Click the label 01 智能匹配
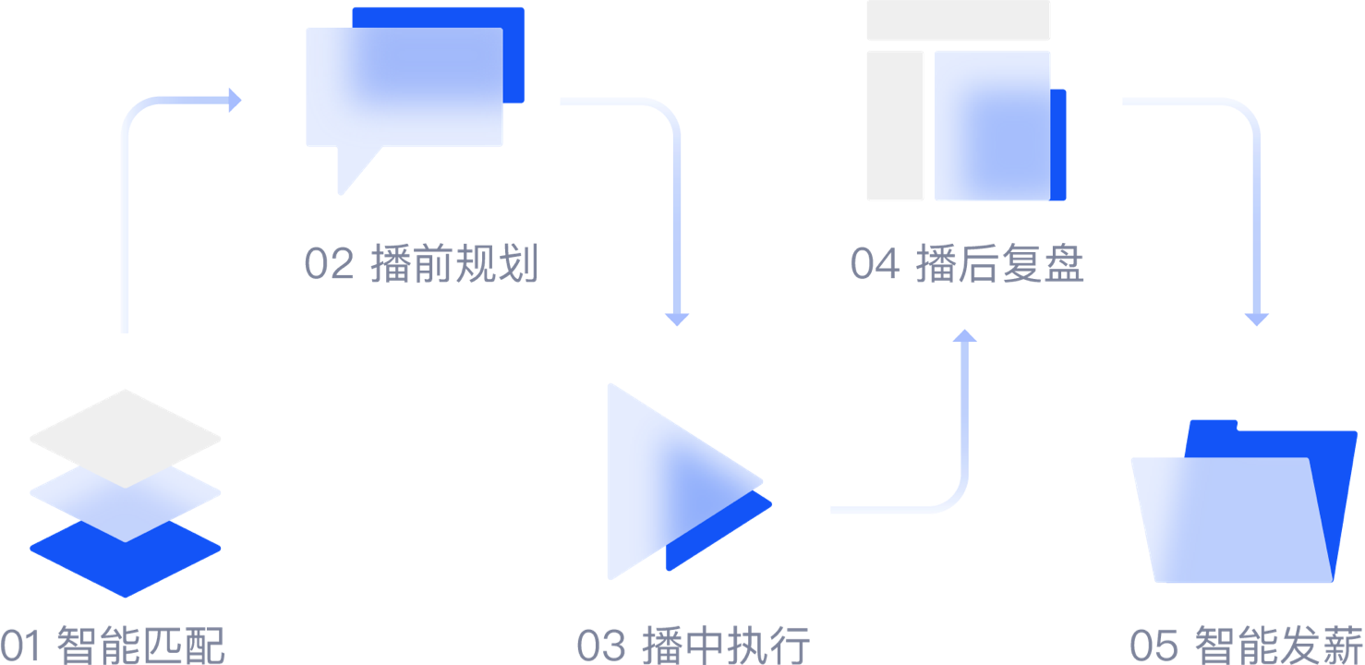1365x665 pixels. (x=112, y=646)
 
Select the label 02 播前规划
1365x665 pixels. (x=421, y=265)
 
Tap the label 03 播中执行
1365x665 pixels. (x=693, y=646)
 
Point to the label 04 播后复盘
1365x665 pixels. (x=966, y=265)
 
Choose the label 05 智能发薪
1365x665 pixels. (x=1246, y=646)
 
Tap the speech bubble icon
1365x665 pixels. (x=412, y=92)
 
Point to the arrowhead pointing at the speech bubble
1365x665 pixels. (x=235, y=100)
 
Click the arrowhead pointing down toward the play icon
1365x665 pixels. (x=677, y=319)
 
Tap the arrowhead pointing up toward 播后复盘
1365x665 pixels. (x=965, y=335)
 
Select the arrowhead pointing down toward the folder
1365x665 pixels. (x=1256, y=319)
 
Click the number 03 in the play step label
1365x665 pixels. (x=601, y=646)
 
